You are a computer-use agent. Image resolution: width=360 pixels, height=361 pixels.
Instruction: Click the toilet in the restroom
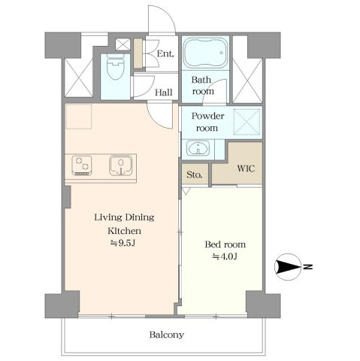116,67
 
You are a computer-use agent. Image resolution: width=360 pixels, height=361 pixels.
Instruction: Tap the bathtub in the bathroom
205,53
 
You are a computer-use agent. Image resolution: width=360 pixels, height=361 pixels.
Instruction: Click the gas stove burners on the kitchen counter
82,165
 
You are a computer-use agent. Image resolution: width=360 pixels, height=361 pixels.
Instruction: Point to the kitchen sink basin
121,165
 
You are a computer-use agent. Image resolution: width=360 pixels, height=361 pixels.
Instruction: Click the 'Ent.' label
165,53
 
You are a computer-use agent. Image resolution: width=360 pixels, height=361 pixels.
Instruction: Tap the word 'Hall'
164,93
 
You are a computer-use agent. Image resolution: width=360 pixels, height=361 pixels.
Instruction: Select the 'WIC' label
246,168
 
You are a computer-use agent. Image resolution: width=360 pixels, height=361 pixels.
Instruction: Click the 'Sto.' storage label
195,174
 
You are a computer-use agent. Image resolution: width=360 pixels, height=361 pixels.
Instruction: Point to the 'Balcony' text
167,335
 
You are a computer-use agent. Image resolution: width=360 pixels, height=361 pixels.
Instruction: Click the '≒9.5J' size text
123,243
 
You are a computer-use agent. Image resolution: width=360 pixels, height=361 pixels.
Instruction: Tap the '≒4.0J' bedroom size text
225,256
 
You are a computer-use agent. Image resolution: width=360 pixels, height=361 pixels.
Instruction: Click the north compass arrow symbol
288,267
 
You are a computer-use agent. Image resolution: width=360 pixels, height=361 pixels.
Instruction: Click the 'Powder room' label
207,122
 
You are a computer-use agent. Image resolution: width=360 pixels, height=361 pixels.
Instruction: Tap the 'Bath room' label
202,86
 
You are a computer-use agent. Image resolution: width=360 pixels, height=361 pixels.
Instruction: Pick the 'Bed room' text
225,244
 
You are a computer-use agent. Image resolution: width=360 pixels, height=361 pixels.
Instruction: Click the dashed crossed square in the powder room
247,123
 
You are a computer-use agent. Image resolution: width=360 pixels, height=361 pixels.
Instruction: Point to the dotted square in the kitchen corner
78,117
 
